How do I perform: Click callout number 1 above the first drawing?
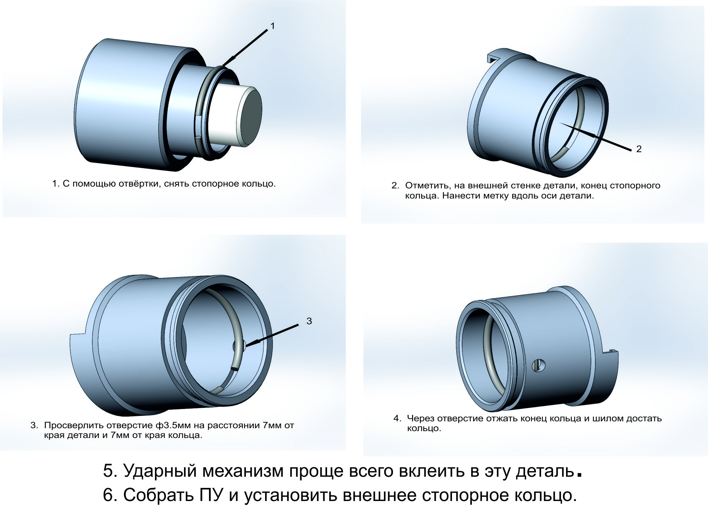tap(273, 26)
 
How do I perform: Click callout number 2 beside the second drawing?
tap(639, 149)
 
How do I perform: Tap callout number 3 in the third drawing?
tap(309, 321)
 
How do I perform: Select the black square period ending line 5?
tap(579, 474)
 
